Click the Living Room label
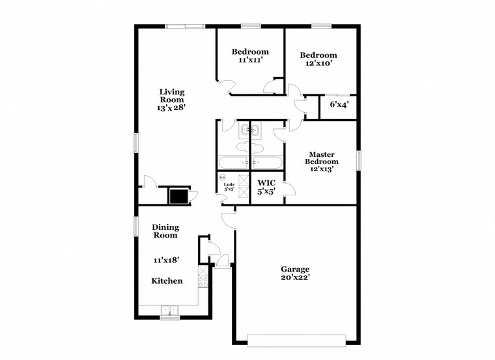tap(173, 96)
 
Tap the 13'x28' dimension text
tap(172, 108)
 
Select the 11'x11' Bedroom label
tap(250, 52)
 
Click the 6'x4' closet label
tap(339, 104)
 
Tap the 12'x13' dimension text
tap(322, 169)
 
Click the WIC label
tap(266, 183)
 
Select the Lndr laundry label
tap(229, 185)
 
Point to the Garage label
tap(295, 269)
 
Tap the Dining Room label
tap(165, 231)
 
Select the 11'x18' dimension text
tap(166, 260)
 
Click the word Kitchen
tap(167, 281)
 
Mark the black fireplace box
tap(178, 195)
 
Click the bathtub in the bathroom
tap(249, 161)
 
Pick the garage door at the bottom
tap(296, 340)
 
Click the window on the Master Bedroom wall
tap(359, 160)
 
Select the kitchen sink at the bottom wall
tap(170, 311)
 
